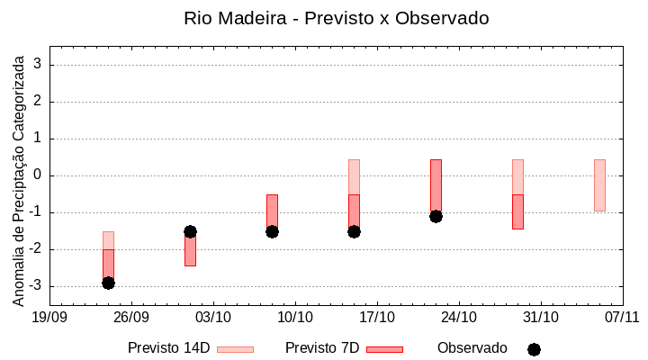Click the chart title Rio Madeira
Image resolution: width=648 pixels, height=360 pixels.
(336, 18)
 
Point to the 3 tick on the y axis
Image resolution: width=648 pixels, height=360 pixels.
(38, 65)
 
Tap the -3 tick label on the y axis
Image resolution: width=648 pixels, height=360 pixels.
(35, 286)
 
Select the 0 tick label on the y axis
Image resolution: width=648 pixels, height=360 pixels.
(38, 175)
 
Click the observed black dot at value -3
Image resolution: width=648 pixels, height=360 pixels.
(108, 283)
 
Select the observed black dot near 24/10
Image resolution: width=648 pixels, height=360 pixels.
(436, 216)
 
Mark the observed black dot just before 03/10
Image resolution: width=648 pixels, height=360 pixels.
(190, 231)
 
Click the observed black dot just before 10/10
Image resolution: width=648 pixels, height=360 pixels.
(272, 231)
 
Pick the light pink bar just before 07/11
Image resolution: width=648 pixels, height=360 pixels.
(599, 185)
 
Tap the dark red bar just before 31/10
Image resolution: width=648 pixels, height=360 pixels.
(517, 211)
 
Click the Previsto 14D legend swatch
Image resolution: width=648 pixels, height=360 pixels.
(235, 349)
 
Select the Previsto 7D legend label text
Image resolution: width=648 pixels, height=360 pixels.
(322, 348)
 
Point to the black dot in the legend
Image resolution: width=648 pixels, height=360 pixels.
(534, 349)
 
